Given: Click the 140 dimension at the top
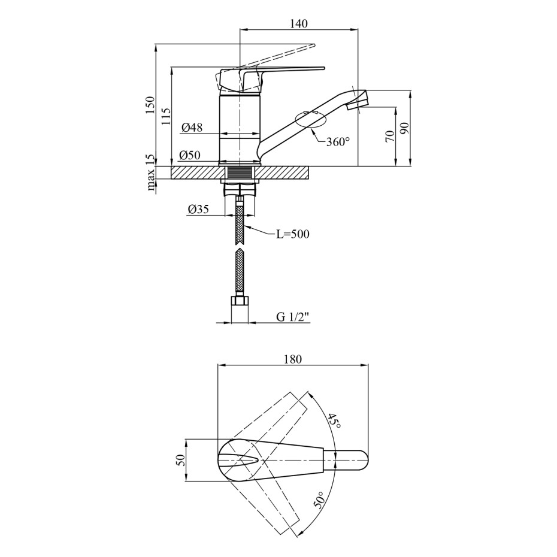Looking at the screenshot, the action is pos(298,23).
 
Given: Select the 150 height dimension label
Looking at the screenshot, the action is pos(150,105).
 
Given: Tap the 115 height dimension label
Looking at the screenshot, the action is pos(166,117).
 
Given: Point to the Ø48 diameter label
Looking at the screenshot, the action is pos(192,127).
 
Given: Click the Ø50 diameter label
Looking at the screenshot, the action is pos(190,155).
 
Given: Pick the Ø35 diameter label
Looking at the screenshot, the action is pos(198,209).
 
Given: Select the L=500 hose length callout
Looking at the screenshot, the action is pos(293,234).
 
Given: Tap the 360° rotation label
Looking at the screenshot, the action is pos(338,142).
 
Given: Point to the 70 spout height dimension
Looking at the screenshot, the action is pos(390,136).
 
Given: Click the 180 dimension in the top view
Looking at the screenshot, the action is pos(293,359).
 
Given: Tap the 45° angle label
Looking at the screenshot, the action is pos(334,420).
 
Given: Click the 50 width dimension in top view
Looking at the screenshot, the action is pos(181,461).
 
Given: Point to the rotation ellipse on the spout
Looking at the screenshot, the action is pos(310,119).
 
